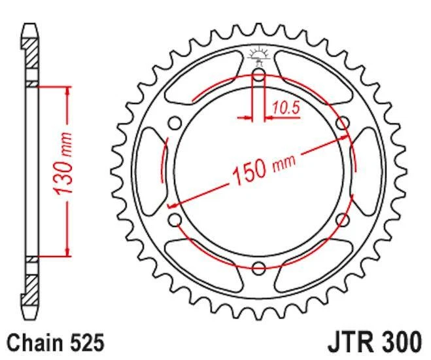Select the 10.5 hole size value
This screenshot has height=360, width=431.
(x=285, y=109)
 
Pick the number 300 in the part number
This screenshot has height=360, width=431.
(x=401, y=342)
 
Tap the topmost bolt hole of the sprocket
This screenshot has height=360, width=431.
(x=258, y=75)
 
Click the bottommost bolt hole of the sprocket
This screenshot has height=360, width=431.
(x=258, y=268)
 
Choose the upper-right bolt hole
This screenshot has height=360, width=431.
(x=341, y=123)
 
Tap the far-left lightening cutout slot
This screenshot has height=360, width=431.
(x=150, y=171)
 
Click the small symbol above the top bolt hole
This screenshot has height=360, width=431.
(x=258, y=56)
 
